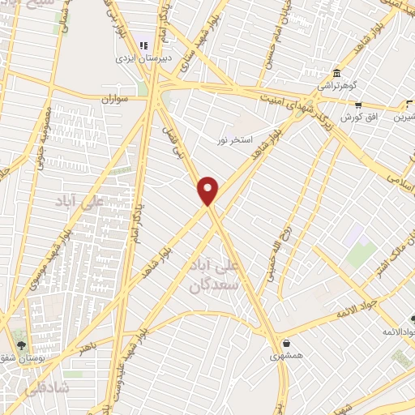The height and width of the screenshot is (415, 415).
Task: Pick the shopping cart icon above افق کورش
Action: tap(357, 104)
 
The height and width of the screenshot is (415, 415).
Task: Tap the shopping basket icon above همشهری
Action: tap(286, 341)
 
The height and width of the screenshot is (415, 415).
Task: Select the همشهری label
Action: tap(286, 354)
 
